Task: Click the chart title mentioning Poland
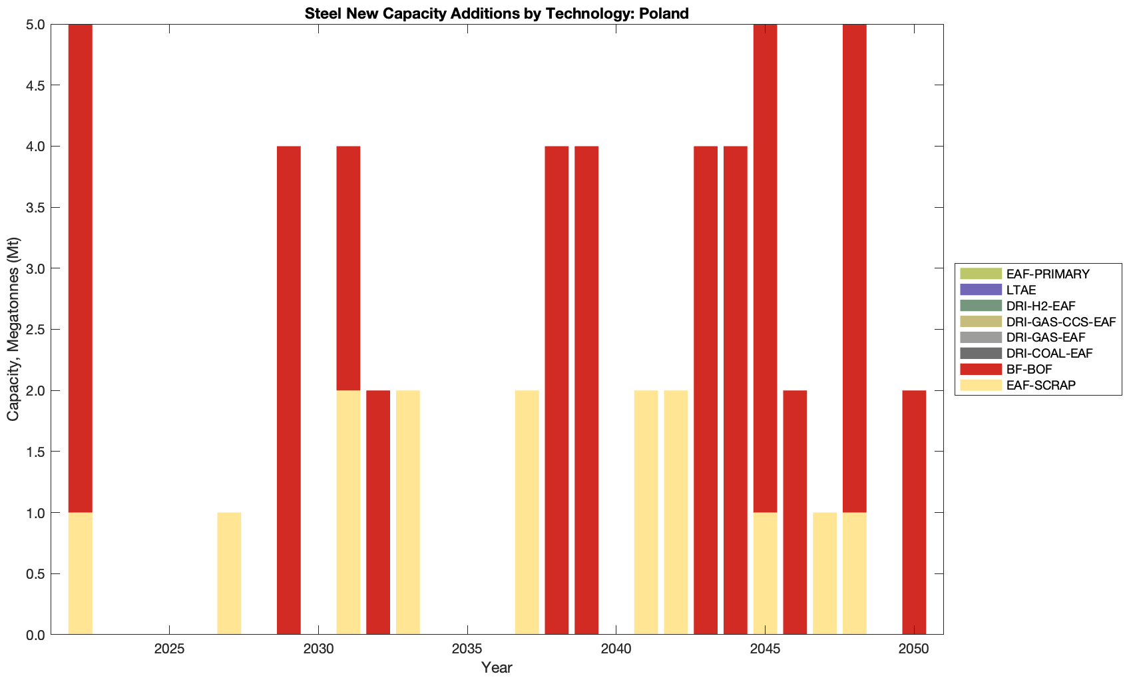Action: pos(497,13)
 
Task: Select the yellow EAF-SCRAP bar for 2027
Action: pos(229,573)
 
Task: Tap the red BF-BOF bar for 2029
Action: pos(289,390)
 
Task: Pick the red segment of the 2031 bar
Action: pos(348,268)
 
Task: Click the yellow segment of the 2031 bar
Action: pos(348,513)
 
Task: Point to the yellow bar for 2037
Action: pos(527,513)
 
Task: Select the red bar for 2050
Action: pos(914,513)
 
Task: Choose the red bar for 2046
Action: pos(795,513)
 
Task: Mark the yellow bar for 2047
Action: pos(825,573)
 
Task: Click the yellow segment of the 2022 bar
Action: pos(81,573)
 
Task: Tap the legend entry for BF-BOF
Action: pos(1029,369)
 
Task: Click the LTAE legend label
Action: pos(1021,290)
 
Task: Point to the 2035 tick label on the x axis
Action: pos(467,649)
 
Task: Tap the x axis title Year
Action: pos(497,667)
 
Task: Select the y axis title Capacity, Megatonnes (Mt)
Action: pos(13,329)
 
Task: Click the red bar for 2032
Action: pos(378,513)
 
